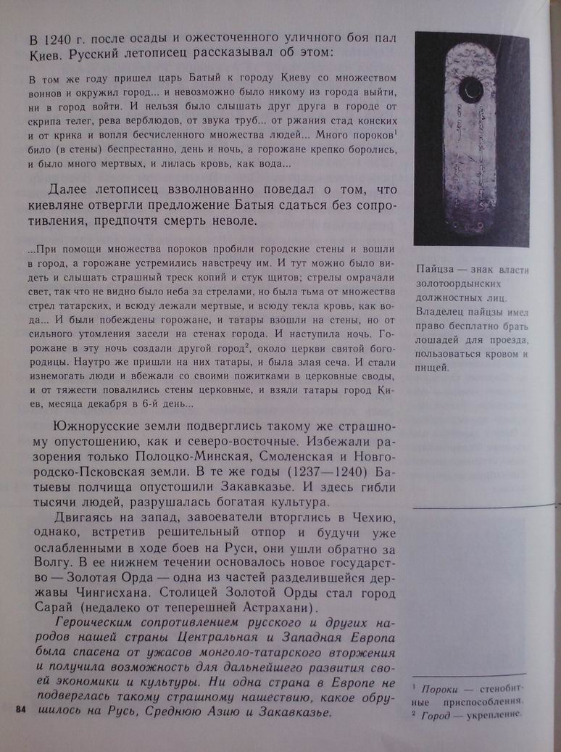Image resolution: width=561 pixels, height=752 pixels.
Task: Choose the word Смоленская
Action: coord(293,457)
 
